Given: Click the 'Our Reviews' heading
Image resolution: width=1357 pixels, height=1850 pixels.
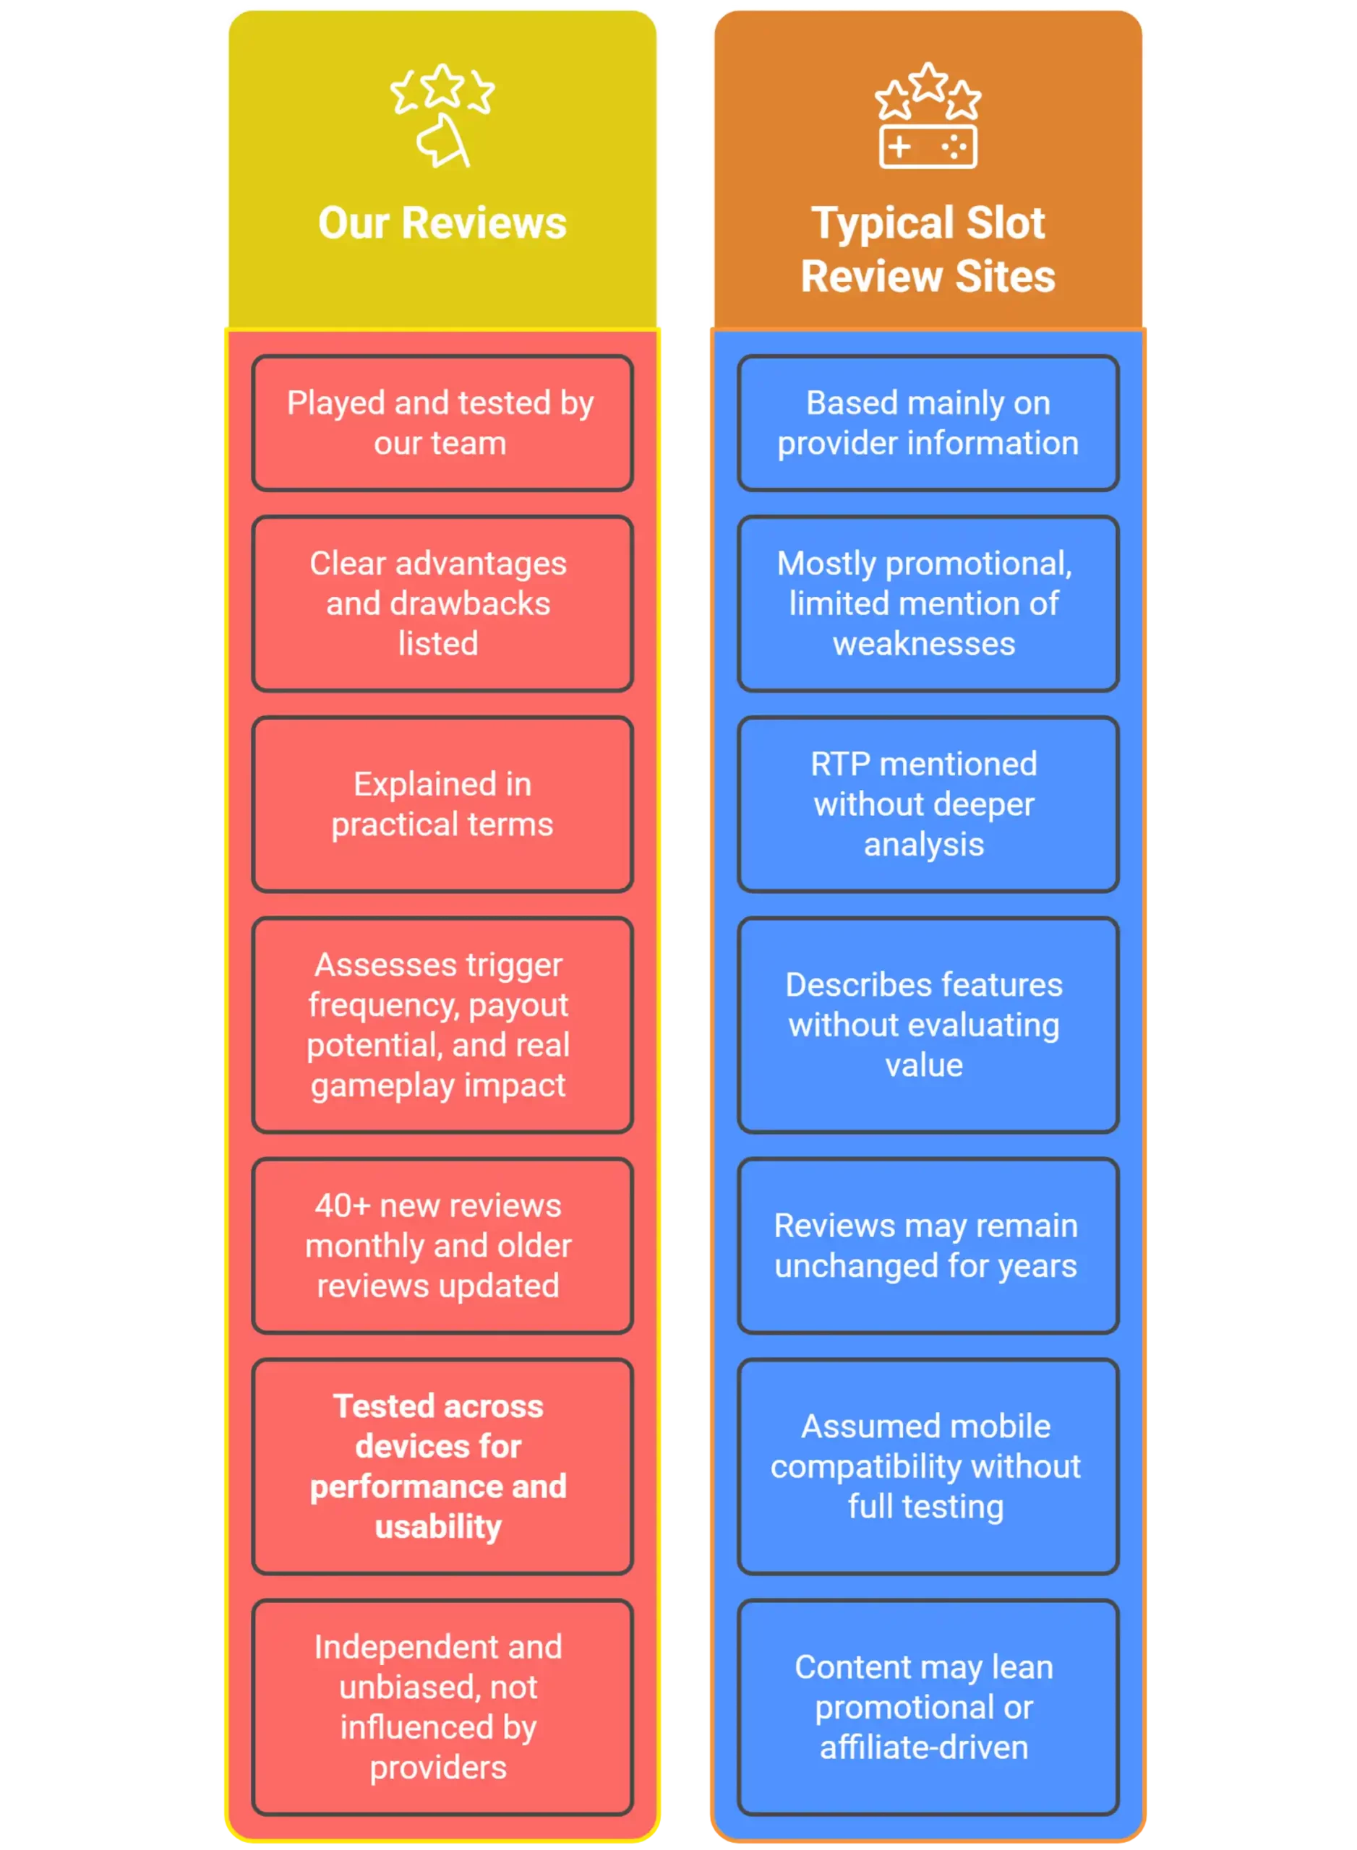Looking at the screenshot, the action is (442, 223).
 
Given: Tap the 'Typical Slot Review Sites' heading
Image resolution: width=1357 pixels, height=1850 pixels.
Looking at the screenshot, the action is (928, 249).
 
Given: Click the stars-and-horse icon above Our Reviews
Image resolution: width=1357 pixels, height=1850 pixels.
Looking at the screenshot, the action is (442, 116).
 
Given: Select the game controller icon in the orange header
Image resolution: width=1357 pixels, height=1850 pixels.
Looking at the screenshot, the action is (928, 147).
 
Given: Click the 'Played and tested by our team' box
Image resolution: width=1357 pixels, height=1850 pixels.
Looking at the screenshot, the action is (442, 423).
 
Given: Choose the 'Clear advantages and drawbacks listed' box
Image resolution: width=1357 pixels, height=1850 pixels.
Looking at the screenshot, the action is (442, 603).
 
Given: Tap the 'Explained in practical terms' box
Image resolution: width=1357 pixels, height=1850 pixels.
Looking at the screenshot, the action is (442, 804).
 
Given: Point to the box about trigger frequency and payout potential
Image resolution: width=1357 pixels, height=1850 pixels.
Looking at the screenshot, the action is (442, 1025).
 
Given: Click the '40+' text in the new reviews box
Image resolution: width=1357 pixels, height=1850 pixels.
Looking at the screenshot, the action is (343, 1205).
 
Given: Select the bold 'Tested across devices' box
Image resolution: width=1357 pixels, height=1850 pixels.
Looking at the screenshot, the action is (442, 1466).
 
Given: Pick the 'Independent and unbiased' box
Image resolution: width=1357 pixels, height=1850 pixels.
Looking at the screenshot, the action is (442, 1707).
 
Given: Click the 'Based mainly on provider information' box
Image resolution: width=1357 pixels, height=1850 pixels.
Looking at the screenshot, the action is (928, 423).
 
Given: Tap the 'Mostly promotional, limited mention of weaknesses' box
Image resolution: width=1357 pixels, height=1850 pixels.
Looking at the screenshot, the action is (928, 603).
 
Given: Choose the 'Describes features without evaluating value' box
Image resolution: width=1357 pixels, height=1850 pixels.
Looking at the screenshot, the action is (928, 1025).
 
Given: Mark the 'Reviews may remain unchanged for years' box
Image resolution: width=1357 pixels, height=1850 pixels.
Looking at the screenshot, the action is (928, 1246).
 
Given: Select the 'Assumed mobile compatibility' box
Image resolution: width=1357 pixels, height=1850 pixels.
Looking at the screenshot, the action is (928, 1466).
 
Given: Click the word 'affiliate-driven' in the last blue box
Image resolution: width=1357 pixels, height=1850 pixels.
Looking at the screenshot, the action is (924, 1747).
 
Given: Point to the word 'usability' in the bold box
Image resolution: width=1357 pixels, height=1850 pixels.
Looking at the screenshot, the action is (438, 1527).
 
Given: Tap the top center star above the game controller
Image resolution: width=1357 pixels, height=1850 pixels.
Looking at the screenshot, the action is (928, 82).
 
